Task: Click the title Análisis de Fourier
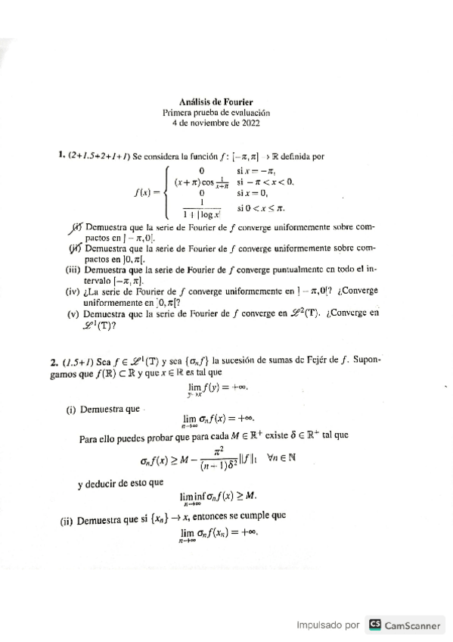[216, 101]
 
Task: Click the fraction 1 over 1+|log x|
[203, 210]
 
